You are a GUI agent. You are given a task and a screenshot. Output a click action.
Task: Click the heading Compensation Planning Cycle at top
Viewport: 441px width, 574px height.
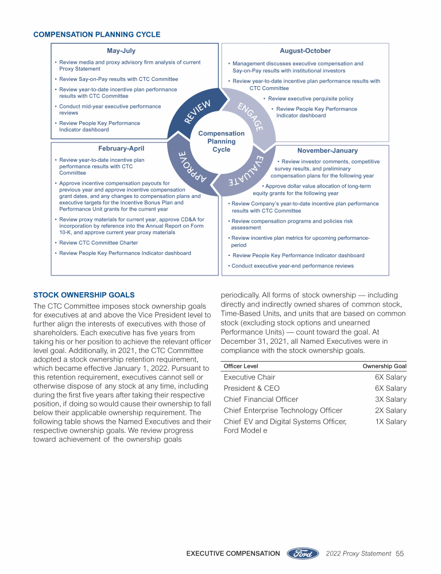[x=97, y=34]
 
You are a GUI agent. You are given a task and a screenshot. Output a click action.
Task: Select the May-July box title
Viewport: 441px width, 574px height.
[x=121, y=51]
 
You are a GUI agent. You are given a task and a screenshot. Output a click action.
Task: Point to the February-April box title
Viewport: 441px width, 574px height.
[x=121, y=149]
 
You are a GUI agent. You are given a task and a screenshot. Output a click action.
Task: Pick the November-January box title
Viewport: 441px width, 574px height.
[x=327, y=150]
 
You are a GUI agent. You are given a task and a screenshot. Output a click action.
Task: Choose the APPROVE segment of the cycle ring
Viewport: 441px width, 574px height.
[x=189, y=166]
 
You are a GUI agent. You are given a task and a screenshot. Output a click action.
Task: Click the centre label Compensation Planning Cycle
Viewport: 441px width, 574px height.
[x=221, y=141]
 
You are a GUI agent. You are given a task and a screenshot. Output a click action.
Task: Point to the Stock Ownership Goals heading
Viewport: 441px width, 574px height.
[x=84, y=295]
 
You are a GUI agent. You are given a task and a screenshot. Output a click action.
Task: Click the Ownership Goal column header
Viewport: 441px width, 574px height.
[x=384, y=366]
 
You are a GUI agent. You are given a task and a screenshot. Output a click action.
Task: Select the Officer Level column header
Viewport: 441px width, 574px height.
[x=241, y=366]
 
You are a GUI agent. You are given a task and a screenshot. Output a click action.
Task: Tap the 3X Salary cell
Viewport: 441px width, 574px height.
[x=390, y=400]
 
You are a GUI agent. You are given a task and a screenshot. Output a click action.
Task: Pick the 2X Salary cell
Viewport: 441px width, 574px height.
[x=390, y=410]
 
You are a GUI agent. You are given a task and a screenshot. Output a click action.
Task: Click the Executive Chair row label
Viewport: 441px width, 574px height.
[x=249, y=377]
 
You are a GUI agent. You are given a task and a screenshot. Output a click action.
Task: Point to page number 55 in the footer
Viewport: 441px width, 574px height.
[x=400, y=553]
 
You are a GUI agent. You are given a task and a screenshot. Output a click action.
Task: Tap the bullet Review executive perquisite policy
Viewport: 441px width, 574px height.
[x=311, y=99]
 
